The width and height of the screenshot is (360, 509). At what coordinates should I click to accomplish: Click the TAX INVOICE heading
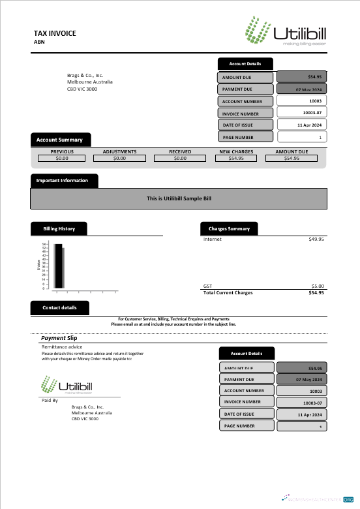coord(55,33)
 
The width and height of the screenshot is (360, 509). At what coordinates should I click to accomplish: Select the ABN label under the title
coord(40,42)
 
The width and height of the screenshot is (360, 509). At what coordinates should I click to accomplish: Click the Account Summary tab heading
coord(59,140)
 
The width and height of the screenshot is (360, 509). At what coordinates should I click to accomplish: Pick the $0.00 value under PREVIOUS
coord(62,158)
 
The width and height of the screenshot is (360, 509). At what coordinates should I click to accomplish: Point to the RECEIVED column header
coord(180,151)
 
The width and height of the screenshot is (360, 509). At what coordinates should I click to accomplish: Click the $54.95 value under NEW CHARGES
coord(236,158)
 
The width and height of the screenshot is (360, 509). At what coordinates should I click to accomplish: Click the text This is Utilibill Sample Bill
coord(179,198)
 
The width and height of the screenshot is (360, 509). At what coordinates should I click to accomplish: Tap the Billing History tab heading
coord(59,229)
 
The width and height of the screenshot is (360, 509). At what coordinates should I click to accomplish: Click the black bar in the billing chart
coord(59,266)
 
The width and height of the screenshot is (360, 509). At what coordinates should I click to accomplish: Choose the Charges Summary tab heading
coord(229,229)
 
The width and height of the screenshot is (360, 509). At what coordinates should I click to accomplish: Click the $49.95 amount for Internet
coord(316,239)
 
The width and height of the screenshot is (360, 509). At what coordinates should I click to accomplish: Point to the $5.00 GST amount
coord(318,286)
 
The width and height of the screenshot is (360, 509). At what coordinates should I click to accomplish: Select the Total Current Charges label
coord(228,292)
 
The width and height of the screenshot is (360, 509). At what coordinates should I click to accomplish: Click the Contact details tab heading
coord(59,307)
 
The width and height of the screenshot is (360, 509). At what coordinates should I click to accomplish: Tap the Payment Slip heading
coord(59,338)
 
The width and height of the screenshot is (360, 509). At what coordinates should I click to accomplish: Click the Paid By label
coord(50,399)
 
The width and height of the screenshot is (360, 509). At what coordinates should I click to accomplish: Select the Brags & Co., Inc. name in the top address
coord(85,76)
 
